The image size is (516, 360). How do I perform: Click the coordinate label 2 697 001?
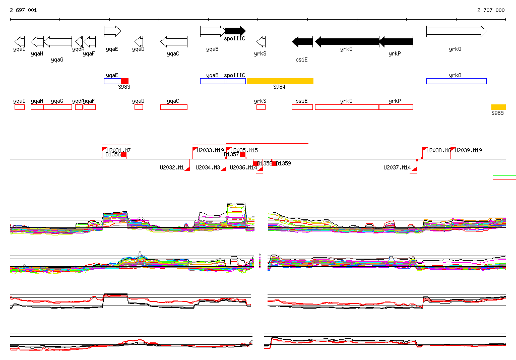coord(23,10)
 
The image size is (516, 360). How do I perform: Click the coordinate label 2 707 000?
coord(491,10)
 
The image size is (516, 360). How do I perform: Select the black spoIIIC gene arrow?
coord(235,31)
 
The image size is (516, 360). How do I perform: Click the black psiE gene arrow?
coord(302,42)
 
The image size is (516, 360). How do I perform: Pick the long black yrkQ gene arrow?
coord(347,42)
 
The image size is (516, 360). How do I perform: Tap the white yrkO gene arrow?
coord(456,31)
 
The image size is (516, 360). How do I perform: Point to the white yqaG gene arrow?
coord(58,42)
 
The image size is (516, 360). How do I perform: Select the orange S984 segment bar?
coord(280,81)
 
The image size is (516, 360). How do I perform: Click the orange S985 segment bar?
coord(498,107)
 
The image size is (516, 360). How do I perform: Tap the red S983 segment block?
coord(124,81)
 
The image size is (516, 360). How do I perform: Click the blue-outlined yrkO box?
coord(456,81)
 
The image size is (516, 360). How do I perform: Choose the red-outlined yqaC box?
coord(174,107)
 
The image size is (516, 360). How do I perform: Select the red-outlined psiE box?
coord(302,107)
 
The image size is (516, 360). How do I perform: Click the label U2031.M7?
coord(119,150)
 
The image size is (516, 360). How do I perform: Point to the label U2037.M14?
coord(397,167)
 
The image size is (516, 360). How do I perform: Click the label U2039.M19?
coord(468,150)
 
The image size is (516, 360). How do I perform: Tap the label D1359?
coord(284,163)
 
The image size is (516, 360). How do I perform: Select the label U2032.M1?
coord(172,167)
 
